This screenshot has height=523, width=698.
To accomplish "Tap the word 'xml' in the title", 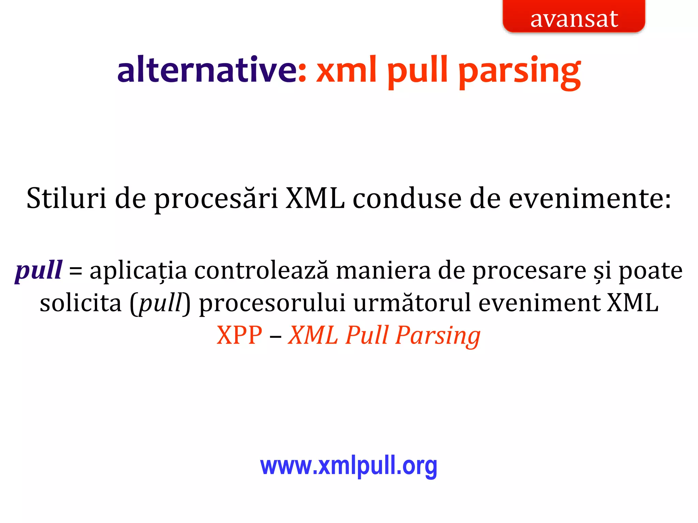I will [x=347, y=70].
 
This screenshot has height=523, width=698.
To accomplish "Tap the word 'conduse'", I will [x=407, y=198].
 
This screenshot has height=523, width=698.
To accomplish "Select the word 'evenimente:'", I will [x=590, y=198].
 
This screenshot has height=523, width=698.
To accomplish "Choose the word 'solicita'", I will [x=80, y=303].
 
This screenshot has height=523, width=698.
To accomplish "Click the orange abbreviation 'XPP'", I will [x=240, y=335].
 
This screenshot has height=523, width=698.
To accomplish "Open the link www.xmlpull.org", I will [x=349, y=466].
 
